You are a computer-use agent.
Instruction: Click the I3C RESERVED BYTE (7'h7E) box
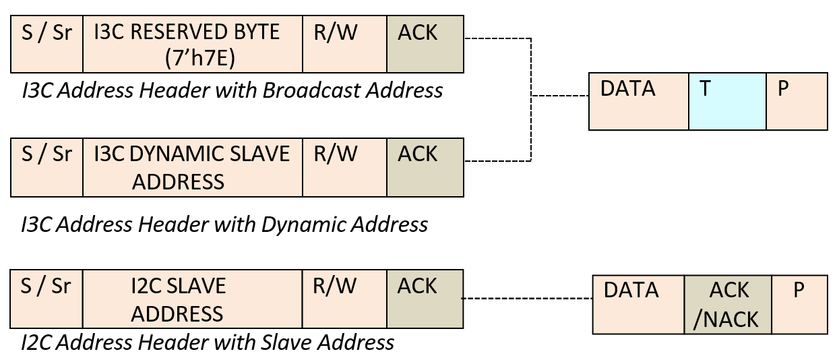[193, 44]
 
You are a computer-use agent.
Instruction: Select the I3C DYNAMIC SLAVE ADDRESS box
[193, 167]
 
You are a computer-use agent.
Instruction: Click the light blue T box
[727, 101]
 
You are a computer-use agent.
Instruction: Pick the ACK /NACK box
[728, 304]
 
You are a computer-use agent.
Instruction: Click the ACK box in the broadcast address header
[425, 44]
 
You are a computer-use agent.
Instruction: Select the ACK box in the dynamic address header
[425, 167]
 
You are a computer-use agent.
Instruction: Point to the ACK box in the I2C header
[425, 299]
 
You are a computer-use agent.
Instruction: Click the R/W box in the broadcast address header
[344, 44]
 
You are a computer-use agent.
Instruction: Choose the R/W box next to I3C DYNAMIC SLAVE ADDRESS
[344, 167]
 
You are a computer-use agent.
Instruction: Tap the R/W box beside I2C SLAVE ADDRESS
[344, 299]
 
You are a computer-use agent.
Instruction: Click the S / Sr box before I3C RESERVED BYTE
[47, 44]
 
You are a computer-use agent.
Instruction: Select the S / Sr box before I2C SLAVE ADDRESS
[47, 299]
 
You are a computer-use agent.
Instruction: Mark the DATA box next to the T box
[638, 101]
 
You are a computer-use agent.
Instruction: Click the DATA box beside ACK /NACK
[638, 304]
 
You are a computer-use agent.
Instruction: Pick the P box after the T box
[797, 101]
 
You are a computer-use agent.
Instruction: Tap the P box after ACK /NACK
[799, 304]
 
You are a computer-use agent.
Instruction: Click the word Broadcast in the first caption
[311, 90]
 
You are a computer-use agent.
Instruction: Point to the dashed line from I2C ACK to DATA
[526, 299]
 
